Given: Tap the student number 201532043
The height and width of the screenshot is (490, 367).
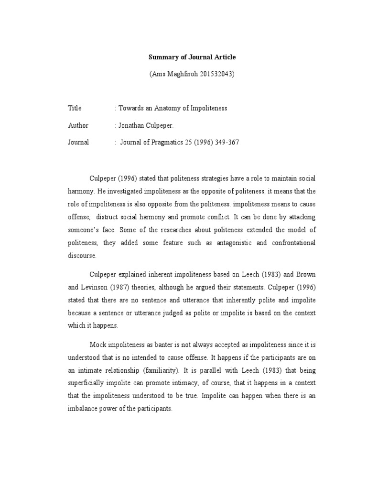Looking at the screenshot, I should pos(217,75).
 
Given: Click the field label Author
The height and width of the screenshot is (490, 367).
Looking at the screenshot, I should pos(78,125).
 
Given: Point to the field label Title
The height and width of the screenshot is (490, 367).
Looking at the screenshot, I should pos(75,108).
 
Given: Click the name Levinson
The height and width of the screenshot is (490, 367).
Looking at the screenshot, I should pos(97,287).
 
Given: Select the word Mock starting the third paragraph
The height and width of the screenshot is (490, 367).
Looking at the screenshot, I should pos(97,345).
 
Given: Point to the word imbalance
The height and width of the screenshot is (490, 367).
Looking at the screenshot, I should pos(82,409).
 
